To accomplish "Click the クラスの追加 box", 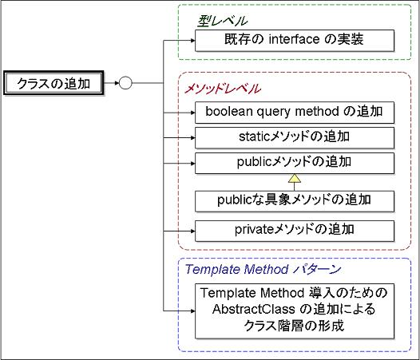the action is (x=53, y=83).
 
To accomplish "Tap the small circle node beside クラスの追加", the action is (x=125, y=83).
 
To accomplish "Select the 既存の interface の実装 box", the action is (x=295, y=41).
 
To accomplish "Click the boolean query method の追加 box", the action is (x=295, y=113).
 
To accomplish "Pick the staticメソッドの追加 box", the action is (x=295, y=137).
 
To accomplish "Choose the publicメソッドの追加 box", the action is (x=295, y=163).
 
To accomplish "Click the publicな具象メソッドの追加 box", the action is (x=295, y=201).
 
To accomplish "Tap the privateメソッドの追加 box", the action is (x=295, y=231).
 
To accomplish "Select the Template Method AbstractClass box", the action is (x=295, y=311).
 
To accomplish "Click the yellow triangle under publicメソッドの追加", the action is (x=295, y=179).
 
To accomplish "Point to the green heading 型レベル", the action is (x=222, y=22).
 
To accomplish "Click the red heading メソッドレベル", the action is (x=222, y=89).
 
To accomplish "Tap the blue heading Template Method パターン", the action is (x=263, y=269).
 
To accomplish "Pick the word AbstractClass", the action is (x=253, y=310).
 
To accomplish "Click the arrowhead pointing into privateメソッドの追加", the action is (x=193, y=231).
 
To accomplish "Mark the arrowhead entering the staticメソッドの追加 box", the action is (x=193, y=137).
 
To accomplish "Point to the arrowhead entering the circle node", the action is (x=117, y=83).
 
